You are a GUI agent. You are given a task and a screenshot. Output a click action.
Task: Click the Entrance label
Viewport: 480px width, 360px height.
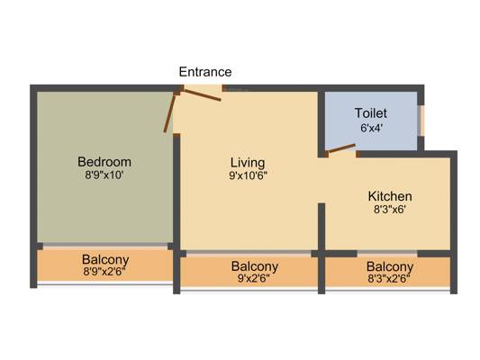(x=205, y=72)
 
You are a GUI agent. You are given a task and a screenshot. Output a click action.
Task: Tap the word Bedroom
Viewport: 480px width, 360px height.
(x=104, y=162)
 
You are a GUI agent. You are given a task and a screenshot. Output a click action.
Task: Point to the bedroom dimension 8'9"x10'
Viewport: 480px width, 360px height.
(x=104, y=175)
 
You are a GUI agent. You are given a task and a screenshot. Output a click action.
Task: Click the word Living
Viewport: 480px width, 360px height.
(x=248, y=163)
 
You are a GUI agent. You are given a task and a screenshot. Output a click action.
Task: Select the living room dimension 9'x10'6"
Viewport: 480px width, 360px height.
(x=249, y=175)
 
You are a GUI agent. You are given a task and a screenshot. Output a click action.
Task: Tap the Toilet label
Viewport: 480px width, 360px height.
(x=371, y=113)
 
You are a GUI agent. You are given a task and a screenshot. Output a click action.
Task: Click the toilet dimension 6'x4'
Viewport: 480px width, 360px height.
(x=372, y=128)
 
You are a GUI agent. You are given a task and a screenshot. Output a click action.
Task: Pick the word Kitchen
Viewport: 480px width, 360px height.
(x=390, y=196)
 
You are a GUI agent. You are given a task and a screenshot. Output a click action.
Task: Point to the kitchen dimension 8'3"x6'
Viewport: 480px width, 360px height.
(x=390, y=210)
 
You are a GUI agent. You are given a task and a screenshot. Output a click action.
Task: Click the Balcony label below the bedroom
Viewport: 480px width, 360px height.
(x=105, y=260)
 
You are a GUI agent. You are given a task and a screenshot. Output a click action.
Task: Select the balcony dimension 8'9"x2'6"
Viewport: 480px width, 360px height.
(x=104, y=272)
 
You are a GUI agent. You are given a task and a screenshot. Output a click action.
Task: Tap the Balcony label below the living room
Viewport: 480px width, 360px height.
(x=255, y=266)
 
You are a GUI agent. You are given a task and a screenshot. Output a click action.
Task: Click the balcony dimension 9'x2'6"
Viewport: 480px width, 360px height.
(x=254, y=279)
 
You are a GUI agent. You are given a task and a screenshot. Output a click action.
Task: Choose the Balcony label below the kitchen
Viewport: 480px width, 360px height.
(x=390, y=266)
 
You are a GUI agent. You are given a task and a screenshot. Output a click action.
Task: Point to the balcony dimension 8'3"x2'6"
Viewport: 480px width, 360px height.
(x=389, y=279)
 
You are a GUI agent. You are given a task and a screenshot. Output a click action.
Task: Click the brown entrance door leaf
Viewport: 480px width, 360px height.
(x=202, y=94)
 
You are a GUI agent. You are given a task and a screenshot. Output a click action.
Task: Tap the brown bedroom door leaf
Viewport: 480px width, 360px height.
(x=169, y=112)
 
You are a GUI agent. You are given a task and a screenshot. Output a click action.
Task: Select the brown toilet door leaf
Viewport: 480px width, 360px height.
(x=341, y=148)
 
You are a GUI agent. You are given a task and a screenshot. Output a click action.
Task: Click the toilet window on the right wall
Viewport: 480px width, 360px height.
(x=421, y=121)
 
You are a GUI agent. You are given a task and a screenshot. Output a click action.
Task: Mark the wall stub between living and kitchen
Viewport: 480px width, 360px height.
(x=322, y=226)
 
